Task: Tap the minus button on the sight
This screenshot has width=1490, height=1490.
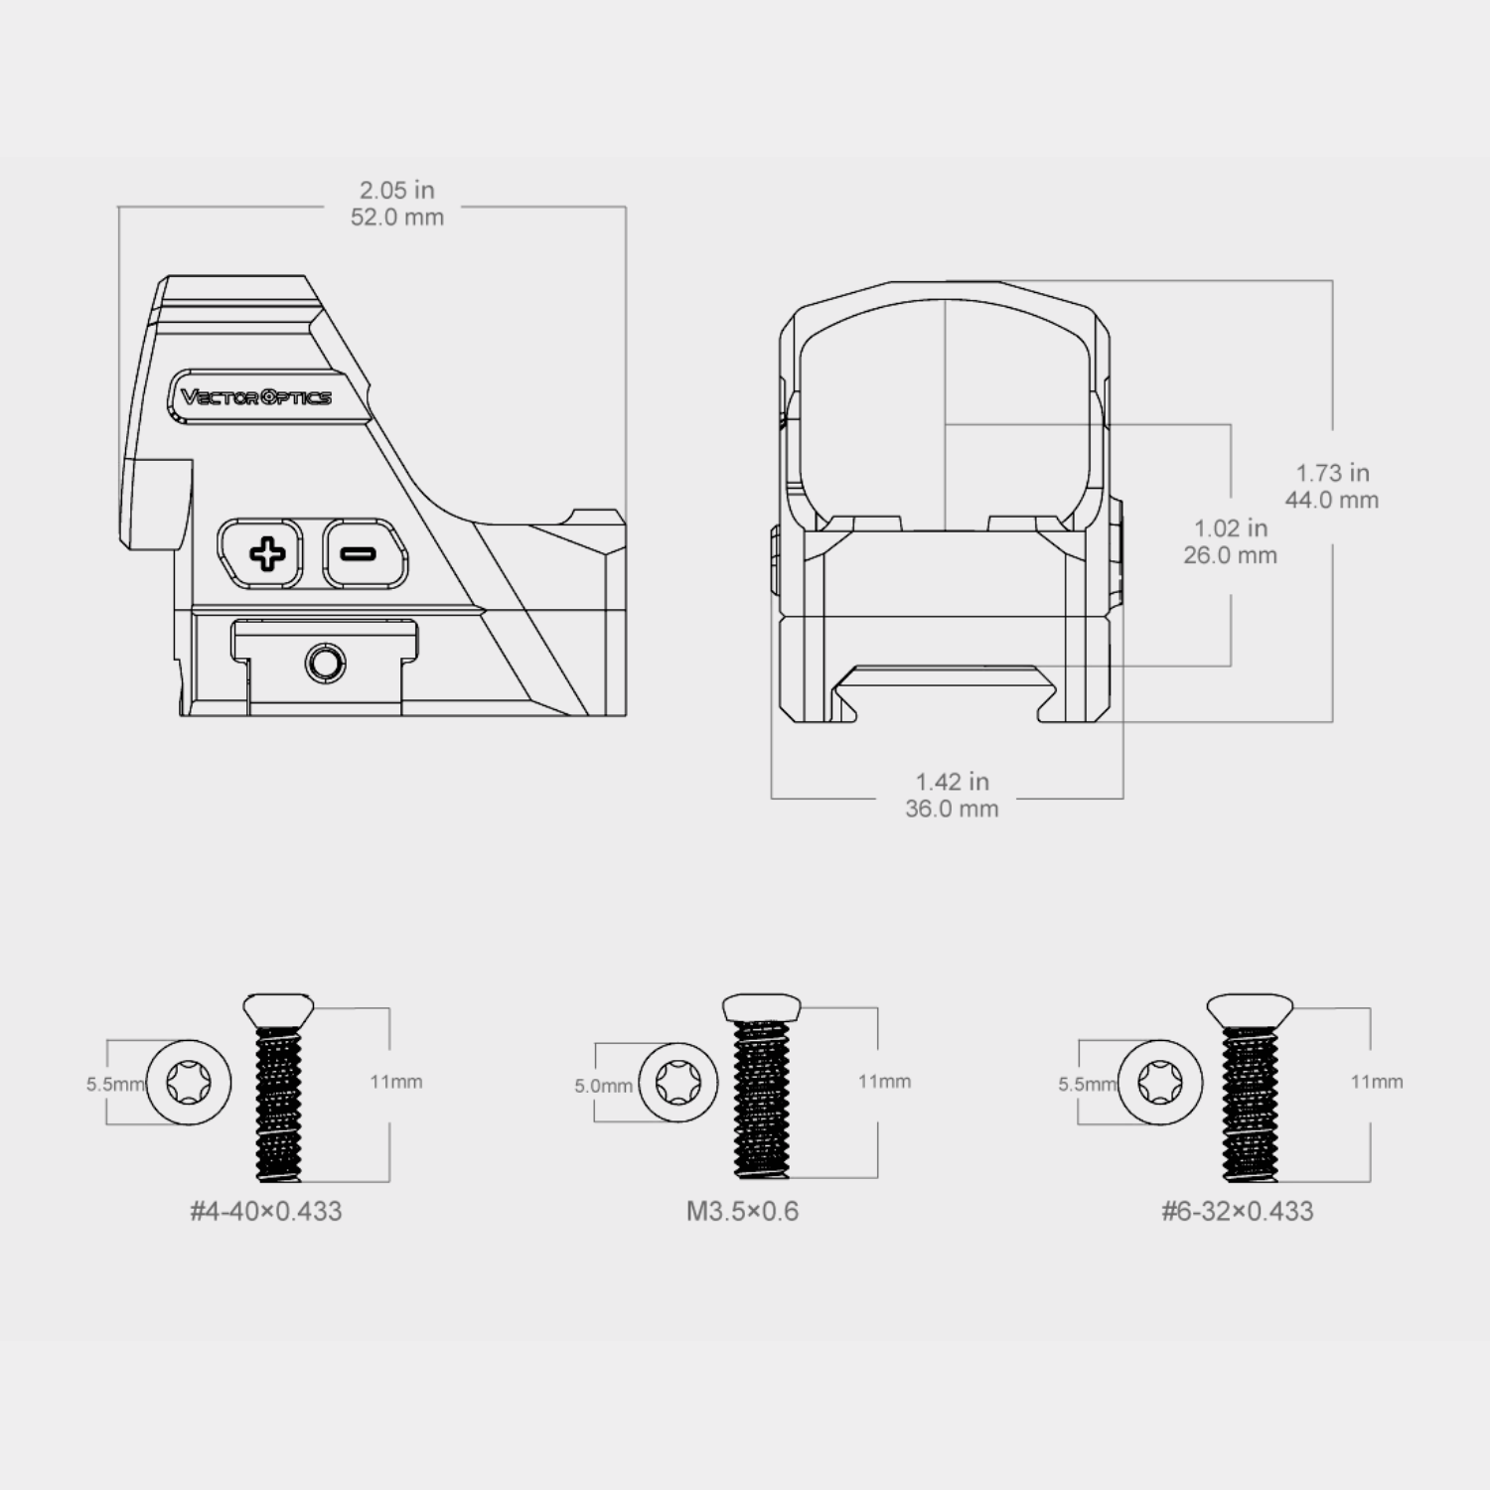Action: coord(365,553)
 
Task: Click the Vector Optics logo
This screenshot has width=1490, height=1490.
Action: coord(256,397)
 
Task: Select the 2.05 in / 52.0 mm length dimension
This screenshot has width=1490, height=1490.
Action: coord(396,204)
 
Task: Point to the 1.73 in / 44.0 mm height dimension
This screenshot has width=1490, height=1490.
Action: coord(1332,487)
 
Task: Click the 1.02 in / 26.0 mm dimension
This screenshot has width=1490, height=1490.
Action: coord(1231,541)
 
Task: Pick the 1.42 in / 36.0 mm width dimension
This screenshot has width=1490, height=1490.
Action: coord(952,796)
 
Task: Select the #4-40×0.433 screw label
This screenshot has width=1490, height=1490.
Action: coord(266,1211)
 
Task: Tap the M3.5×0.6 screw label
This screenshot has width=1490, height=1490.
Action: coord(742,1211)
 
